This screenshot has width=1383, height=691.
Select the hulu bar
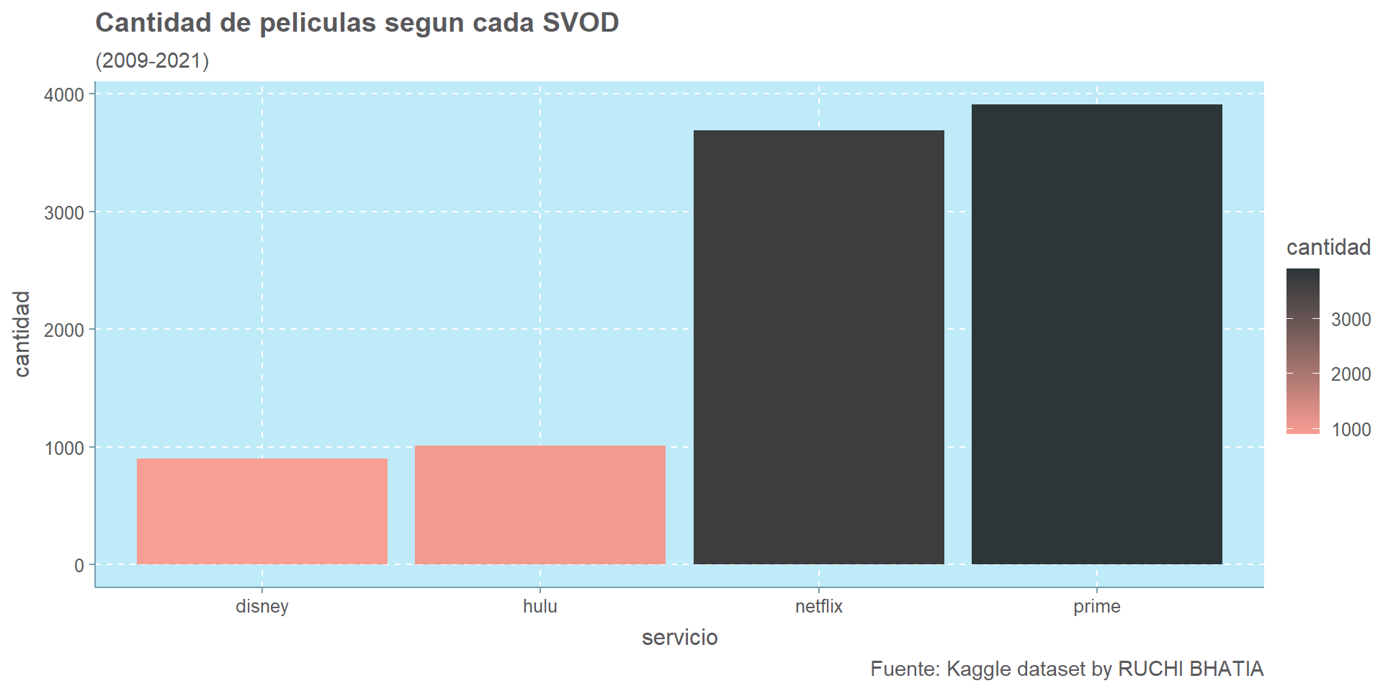coord(540,505)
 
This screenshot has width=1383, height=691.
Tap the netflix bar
coord(818,347)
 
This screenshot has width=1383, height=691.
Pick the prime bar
coord(1096,334)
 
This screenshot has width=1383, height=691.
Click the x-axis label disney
coord(261,606)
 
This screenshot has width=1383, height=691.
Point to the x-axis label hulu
coord(540,606)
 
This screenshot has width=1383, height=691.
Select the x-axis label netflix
coord(818,606)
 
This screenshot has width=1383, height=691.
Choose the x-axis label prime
coord(1096,606)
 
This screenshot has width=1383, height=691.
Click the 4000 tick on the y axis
coord(64,95)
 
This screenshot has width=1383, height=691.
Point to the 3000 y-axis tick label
coord(64,212)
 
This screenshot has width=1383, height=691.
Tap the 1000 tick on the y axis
coord(64,448)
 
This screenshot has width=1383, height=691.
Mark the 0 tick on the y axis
coord(79,566)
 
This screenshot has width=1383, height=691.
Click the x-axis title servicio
coord(679,637)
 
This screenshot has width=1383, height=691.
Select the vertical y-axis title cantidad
coord(22,333)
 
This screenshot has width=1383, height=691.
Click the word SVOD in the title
coord(581,23)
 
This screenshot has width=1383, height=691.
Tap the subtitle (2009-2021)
coord(152,60)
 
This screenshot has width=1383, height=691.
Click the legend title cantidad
coord(1328,247)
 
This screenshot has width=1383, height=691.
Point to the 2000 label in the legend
coord(1351,374)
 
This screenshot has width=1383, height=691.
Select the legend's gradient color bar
coord(1302,351)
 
